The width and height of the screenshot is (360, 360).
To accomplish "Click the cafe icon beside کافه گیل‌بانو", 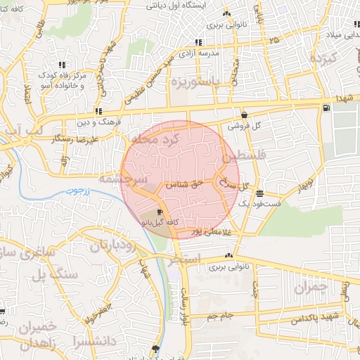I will [160, 212].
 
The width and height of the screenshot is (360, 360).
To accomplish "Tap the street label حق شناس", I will [184, 184].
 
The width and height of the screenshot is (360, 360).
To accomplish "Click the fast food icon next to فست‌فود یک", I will [260, 193].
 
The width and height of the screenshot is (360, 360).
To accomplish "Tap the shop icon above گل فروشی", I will [244, 115].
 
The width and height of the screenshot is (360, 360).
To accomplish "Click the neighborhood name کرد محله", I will [162, 141].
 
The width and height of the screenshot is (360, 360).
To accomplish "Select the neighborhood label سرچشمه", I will [122, 180].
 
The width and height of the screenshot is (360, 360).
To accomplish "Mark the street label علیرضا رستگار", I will [75, 139].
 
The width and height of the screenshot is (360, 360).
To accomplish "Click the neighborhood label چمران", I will [311, 288].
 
